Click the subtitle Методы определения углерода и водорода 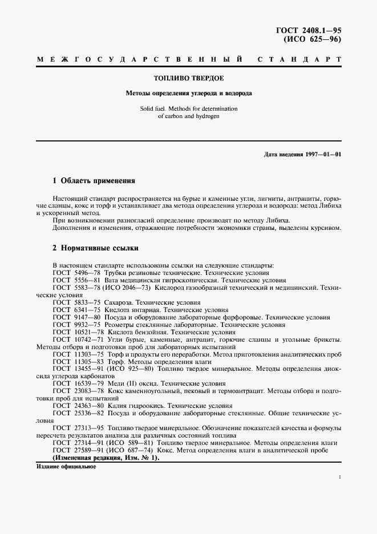(188, 92)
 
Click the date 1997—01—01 (319, 155)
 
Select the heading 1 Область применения (94, 181)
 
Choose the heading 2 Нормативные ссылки (95, 249)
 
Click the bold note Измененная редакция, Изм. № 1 (106, 458)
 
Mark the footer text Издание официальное (66, 466)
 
